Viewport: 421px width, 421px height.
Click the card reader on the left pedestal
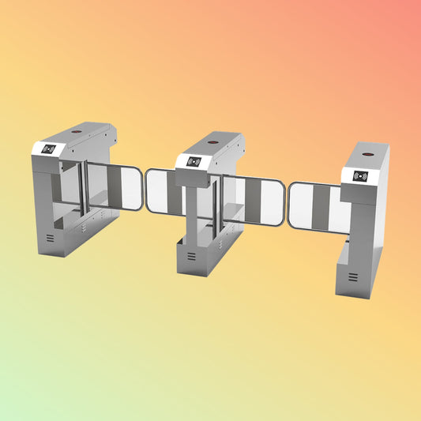(x=50, y=148)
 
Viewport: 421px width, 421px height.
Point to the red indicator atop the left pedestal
(x=77, y=130)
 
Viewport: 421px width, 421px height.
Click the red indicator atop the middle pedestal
(x=215, y=144)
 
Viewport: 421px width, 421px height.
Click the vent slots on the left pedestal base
(x=50, y=238)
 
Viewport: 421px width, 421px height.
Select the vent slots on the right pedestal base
(x=352, y=277)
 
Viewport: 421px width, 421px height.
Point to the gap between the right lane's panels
(x=286, y=204)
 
